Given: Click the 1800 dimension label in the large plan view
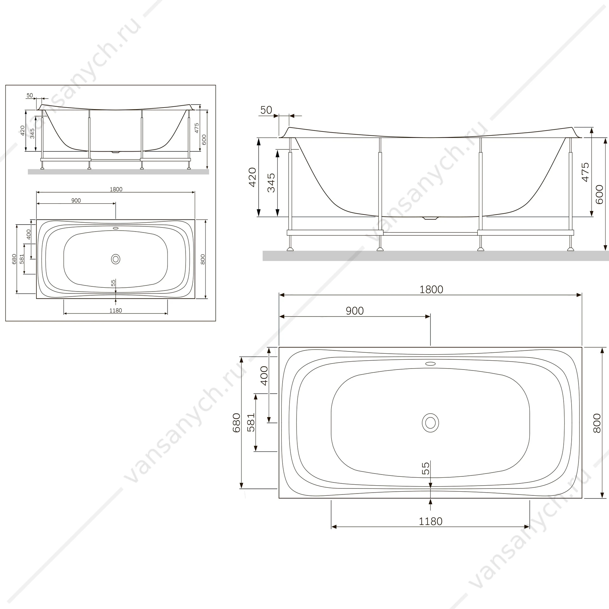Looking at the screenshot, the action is coord(431,290).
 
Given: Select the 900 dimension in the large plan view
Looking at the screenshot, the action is coord(355,311).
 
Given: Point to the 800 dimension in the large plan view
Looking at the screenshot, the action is coord(597,423).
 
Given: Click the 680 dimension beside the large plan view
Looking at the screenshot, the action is coord(237,423).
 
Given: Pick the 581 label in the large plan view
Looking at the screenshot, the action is coord(251,422).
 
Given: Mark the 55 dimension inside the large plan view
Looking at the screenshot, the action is coord(426,468).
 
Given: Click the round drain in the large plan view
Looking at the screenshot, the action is coord(430,422).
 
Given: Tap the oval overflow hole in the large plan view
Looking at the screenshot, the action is coord(430,363).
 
